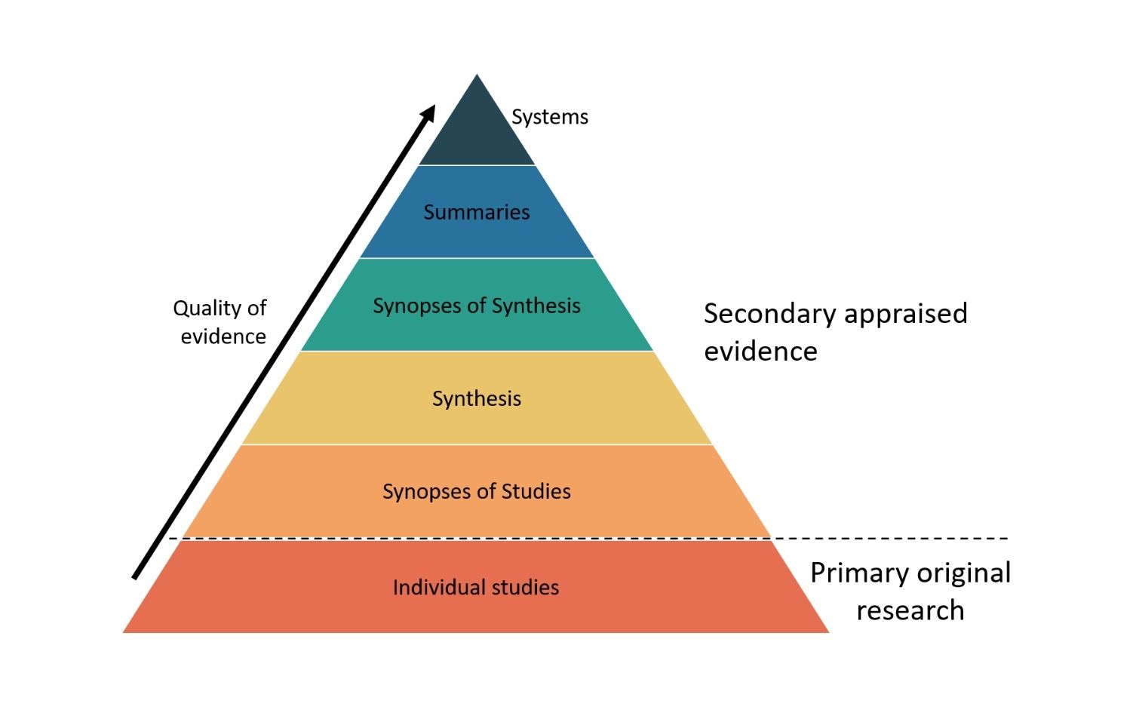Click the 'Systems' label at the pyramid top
[549, 117]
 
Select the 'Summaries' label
[477, 212]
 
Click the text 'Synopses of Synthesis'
[477, 306]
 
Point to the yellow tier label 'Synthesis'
[477, 398]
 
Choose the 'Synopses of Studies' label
[477, 492]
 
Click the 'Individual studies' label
[476, 587]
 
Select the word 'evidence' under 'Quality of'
[223, 336]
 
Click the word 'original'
[963, 573]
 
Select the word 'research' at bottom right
[910, 610]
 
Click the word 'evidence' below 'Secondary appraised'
[760, 352]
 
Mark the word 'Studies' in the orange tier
[536, 492]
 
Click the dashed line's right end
[1006, 538]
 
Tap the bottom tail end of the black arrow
[135, 577]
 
